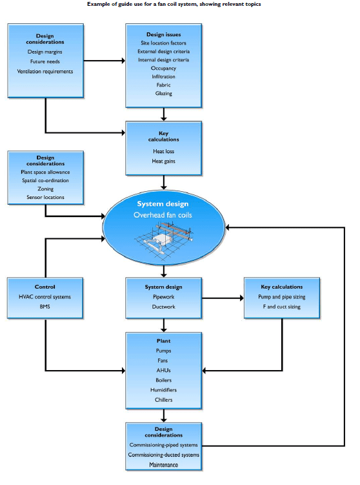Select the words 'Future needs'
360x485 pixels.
45,61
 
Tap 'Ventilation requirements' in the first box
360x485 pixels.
45,71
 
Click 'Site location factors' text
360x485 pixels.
165,43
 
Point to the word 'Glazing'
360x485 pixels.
165,93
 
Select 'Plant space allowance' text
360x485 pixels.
46,172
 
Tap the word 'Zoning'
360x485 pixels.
46,189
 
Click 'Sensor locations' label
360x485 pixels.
46,198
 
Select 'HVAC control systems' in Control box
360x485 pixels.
45,296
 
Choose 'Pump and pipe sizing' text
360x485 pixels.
282,296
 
